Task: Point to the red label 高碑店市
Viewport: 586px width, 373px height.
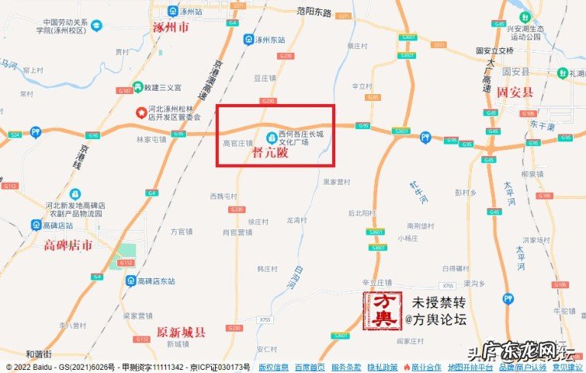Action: [x=68, y=246]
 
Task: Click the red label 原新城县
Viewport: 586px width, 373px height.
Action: [x=182, y=332]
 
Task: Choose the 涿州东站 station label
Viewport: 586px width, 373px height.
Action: [x=269, y=40]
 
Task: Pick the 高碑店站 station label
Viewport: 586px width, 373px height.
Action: [x=57, y=225]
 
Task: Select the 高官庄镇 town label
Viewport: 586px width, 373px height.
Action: [x=238, y=144]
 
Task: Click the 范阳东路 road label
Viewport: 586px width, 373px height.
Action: [x=314, y=13]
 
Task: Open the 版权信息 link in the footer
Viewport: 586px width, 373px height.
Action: [x=274, y=367]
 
